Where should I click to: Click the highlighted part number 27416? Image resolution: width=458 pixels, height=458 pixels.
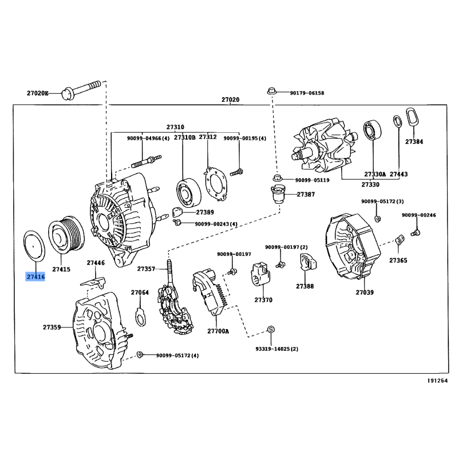[35, 277]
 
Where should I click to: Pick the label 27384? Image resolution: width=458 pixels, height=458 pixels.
[414, 141]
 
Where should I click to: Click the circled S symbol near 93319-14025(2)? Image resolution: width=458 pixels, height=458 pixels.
[271, 330]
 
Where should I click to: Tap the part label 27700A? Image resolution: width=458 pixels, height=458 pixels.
[218, 331]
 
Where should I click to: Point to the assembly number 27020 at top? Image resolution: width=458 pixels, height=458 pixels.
[230, 100]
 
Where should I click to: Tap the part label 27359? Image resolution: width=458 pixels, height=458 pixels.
[52, 327]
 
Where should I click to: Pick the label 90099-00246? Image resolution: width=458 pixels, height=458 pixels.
[418, 215]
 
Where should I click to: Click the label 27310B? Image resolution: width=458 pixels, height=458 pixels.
[184, 138]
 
